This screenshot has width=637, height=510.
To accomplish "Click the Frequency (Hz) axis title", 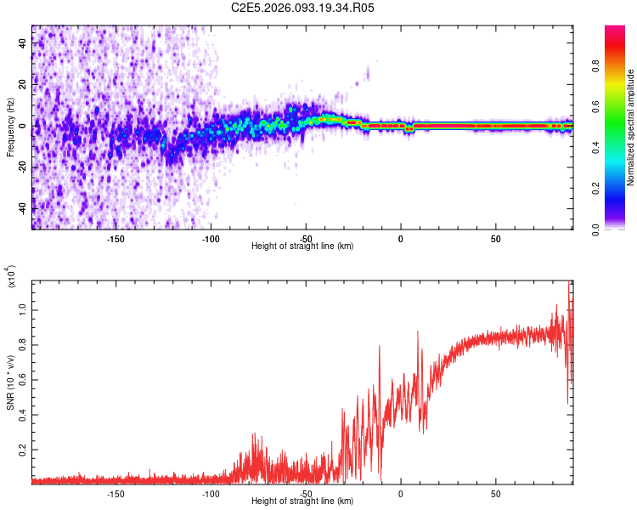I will coord(10,127).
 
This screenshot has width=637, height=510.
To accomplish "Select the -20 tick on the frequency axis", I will coord(24,167).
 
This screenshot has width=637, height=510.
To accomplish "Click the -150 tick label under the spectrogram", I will coord(116,238).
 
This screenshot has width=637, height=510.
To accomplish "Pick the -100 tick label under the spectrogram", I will coord(211,238).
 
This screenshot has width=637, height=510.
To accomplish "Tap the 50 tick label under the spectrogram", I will coord(495,238).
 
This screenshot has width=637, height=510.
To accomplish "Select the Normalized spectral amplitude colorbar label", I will coord(631,127).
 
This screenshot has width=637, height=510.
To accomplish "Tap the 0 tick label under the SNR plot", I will coord(401,493).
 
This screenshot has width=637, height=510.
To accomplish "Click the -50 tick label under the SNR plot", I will coord(307,493).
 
